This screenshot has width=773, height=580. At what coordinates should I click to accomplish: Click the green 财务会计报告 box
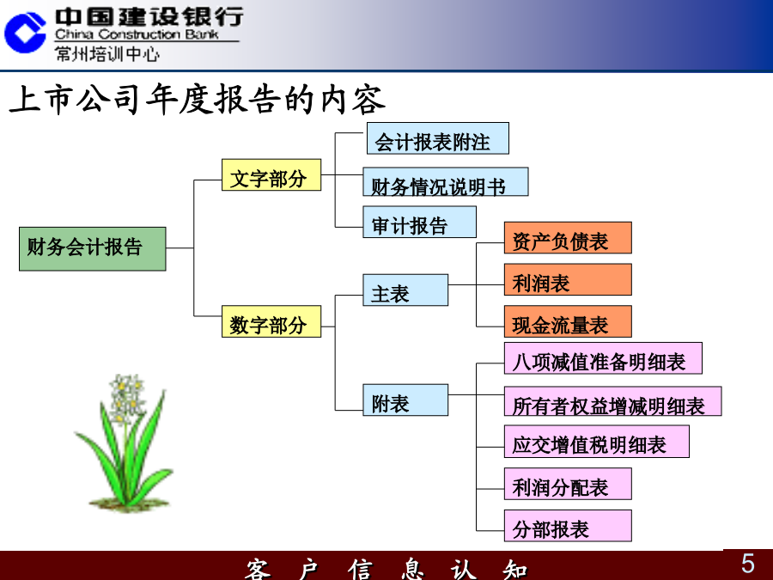93,248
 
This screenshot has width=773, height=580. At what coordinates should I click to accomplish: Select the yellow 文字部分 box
271,174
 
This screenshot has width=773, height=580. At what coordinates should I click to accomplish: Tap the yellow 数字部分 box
271,321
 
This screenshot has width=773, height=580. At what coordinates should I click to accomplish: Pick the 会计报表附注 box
438,138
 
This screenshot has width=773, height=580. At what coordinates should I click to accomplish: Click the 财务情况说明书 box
446,181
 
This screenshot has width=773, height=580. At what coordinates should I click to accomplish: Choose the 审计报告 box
419,222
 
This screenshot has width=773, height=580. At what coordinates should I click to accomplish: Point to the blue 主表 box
405,290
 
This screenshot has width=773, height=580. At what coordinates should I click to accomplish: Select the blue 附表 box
405,400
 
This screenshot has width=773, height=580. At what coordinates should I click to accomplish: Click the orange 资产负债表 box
568,238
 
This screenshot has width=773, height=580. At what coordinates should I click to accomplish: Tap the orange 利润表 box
568,279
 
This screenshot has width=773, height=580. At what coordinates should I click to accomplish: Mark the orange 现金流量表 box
568,321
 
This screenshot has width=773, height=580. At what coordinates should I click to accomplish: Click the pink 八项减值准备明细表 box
604,358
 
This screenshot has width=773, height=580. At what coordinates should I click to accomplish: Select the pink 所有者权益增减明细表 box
612,401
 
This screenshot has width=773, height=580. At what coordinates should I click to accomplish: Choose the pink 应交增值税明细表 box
597,442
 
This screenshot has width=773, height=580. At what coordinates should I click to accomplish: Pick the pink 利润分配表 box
568,484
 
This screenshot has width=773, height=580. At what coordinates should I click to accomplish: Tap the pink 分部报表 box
568,526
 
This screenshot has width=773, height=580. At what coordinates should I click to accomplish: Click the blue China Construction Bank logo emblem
25,33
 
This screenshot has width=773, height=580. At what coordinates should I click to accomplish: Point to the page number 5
748,563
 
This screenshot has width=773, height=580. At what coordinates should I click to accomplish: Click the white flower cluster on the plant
125,399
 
